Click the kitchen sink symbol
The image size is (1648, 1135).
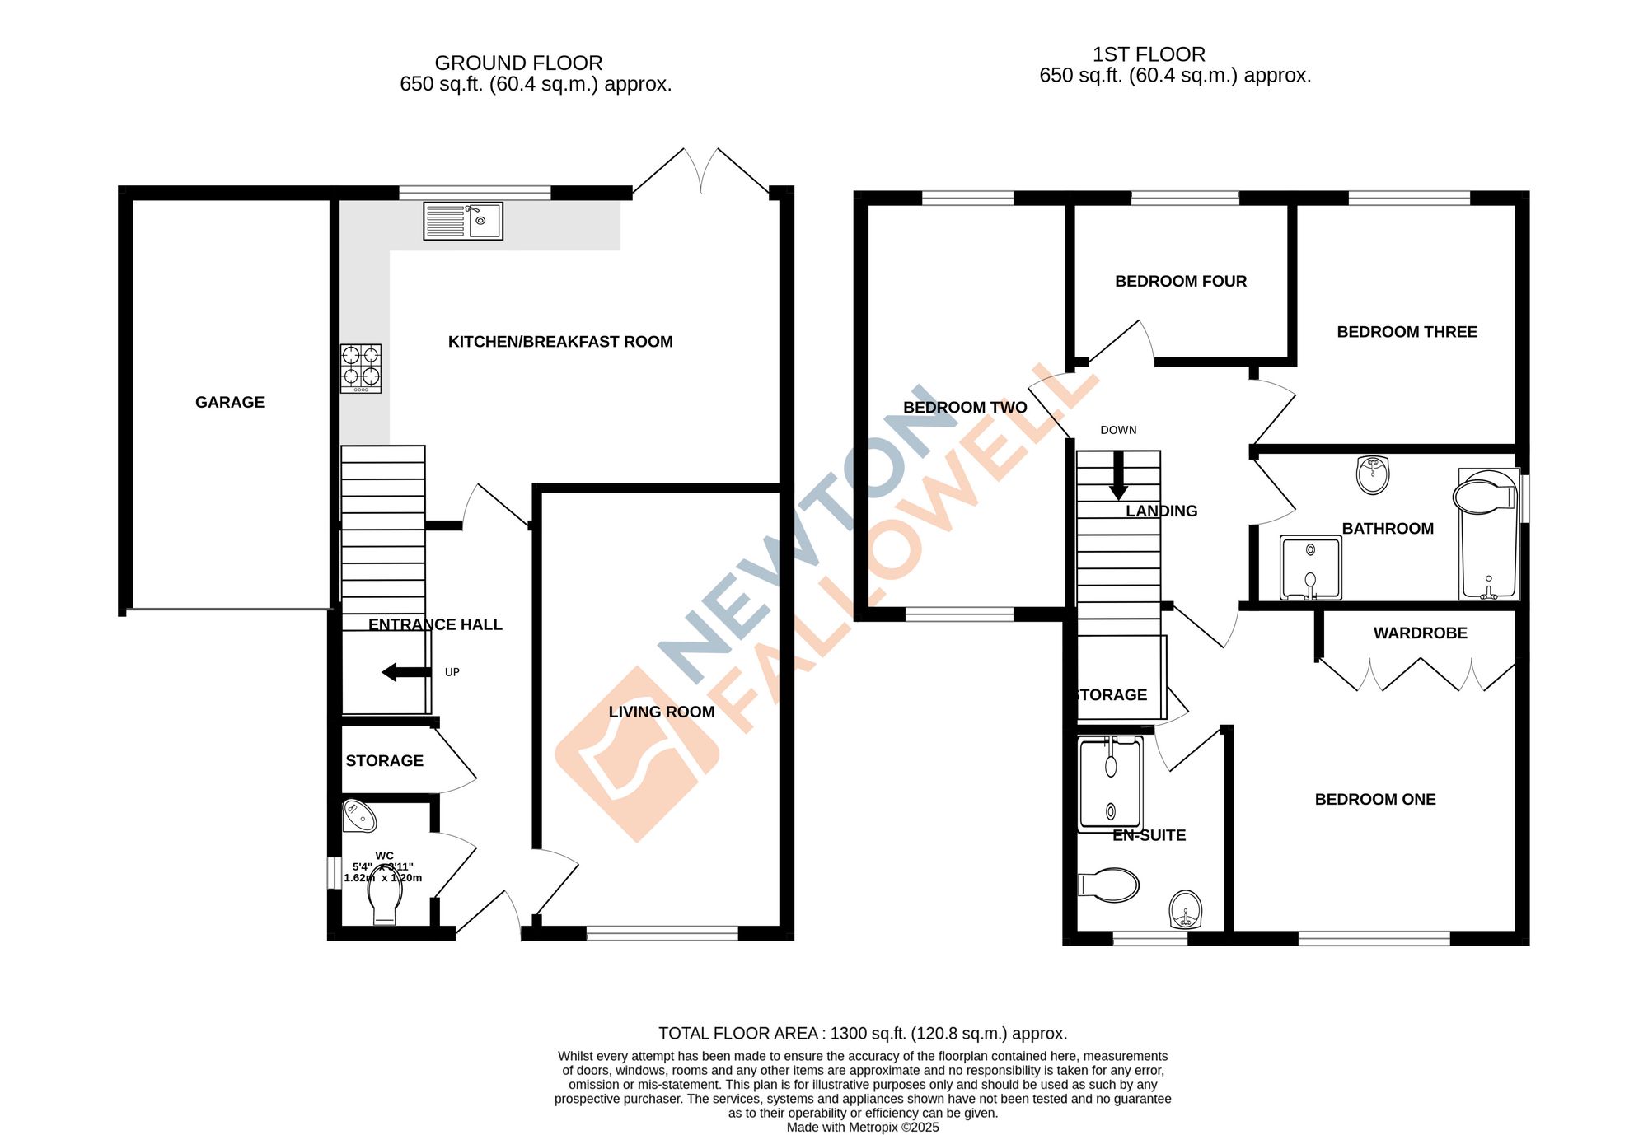tap(462, 221)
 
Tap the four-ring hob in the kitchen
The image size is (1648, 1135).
tap(361, 368)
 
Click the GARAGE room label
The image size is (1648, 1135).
tap(230, 402)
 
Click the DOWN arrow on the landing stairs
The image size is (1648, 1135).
tap(1118, 476)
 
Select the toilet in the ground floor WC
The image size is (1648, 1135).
tap(386, 901)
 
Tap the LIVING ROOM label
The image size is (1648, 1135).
tap(662, 712)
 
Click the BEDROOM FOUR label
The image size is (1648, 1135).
tap(1180, 281)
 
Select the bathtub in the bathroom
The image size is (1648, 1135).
tap(1488, 535)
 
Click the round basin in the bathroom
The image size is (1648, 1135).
tap(1373, 475)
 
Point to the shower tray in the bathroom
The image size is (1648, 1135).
tap(1310, 567)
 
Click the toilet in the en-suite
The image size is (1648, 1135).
tap(1109, 885)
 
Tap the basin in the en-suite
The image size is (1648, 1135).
tap(1186, 909)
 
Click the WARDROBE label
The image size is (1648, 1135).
tap(1420, 633)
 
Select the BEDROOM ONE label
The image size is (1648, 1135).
tap(1374, 799)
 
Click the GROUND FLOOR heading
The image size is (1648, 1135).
tap(518, 63)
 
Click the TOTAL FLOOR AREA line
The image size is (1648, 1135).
tap(862, 1033)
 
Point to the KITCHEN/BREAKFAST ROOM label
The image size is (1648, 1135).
tap(560, 341)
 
